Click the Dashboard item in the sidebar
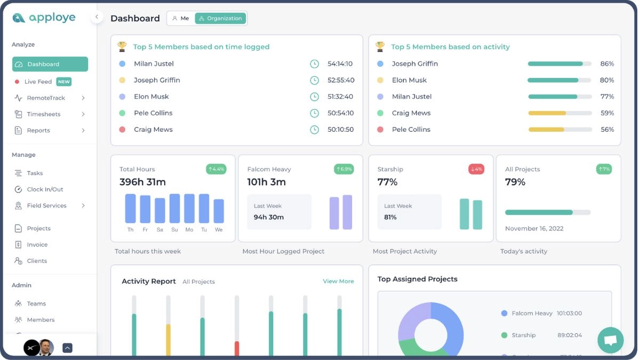[50, 64]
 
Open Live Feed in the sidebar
[39, 82]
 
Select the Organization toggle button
[220, 18]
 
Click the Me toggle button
[181, 18]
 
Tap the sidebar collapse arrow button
[97, 17]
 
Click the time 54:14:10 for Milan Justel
[340, 63]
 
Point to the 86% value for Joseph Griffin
[607, 63]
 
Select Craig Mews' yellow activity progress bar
[547, 113]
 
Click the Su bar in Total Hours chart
[174, 208]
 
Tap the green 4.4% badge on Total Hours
[216, 169]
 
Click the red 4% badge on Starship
[476, 169]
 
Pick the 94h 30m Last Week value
[268, 217]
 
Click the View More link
[338, 281]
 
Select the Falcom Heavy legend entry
[532, 313]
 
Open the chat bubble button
[610, 340]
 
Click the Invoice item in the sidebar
[37, 244]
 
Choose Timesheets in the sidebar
[44, 114]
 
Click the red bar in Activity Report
[237, 348]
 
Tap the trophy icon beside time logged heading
[122, 46]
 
